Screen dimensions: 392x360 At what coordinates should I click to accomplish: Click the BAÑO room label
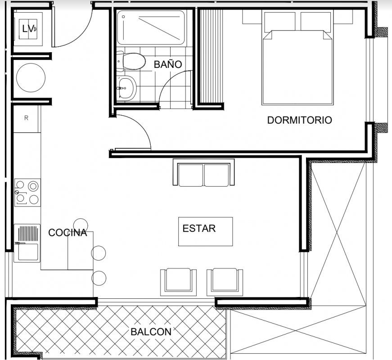[x=168, y=64]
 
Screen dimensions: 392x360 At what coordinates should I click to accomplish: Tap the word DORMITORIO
[x=299, y=120]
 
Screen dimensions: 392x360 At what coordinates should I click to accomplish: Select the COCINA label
[x=68, y=233]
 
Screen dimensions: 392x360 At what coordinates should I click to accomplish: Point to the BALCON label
[x=151, y=332]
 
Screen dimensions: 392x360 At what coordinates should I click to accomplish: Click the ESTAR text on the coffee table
[x=199, y=229]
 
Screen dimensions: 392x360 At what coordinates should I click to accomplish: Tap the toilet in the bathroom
[x=131, y=61]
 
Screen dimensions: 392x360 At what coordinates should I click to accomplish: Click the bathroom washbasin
[x=126, y=88]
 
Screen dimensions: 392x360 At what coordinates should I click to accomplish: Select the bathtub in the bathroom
[x=151, y=27]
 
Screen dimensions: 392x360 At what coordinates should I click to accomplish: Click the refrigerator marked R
[x=27, y=119]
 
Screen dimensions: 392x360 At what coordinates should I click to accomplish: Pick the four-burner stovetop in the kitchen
[x=27, y=192]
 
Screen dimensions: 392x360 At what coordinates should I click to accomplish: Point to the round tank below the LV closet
[x=31, y=77]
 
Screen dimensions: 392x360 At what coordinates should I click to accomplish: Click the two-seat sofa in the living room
[x=204, y=172]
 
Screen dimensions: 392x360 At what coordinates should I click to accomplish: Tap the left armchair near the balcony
[x=178, y=282]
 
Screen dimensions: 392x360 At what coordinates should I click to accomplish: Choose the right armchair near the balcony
[x=225, y=282]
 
